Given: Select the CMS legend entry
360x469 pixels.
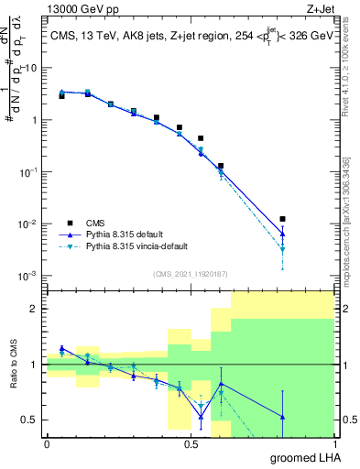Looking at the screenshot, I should [95, 222].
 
